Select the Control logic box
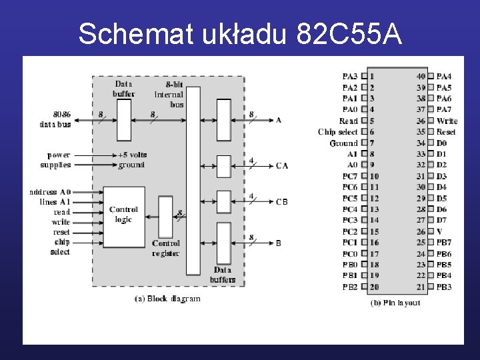[x=124, y=215]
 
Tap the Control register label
[x=165, y=248]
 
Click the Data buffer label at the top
[x=124, y=89]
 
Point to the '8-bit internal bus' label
[x=169, y=94]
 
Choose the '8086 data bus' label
[x=55, y=119]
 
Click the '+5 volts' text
[x=132, y=155]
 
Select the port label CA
[x=282, y=166]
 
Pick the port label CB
[x=282, y=202]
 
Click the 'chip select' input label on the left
[x=61, y=247]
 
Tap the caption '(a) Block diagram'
[x=167, y=299]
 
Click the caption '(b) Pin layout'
[x=395, y=303]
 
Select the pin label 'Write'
[x=447, y=121]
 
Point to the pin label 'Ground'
[x=343, y=143]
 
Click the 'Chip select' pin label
[x=338, y=132]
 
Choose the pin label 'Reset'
[x=446, y=132]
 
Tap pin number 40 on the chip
[x=421, y=77]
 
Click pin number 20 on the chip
[x=374, y=287]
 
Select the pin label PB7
[x=444, y=243]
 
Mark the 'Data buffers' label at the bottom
[x=223, y=275]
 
